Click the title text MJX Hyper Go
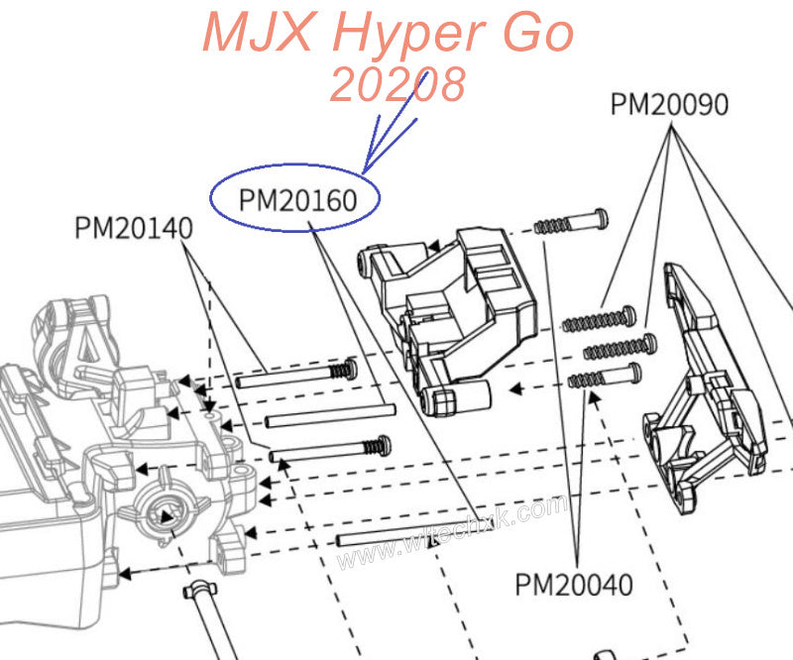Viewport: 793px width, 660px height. [x=388, y=34]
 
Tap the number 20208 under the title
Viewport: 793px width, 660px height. [x=396, y=85]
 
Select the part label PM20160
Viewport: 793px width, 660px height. [x=296, y=199]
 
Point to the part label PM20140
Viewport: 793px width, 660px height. [x=133, y=228]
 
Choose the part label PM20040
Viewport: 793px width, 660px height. [x=573, y=585]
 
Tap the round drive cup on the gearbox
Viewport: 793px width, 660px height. [x=164, y=513]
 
